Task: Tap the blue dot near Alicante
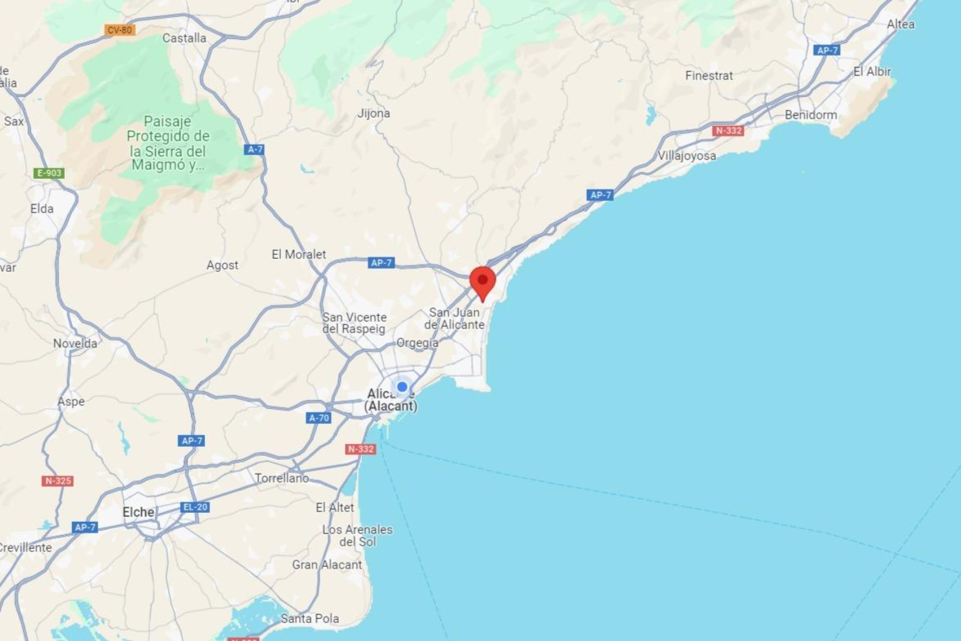[x=402, y=387]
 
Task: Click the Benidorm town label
[x=810, y=115]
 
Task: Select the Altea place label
[x=900, y=24]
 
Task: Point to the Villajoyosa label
[x=686, y=156]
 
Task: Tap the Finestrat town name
[x=709, y=76]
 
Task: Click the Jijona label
[x=373, y=113]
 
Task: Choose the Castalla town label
[x=184, y=38]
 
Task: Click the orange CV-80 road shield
[x=120, y=30]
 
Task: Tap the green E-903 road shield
[x=49, y=173]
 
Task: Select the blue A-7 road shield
[x=255, y=149]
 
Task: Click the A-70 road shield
[x=319, y=418]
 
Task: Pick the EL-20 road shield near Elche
[x=195, y=507]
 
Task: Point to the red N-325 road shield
[x=58, y=481]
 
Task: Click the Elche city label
[x=138, y=512]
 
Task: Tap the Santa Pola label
[x=310, y=619]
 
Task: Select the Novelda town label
[x=75, y=344]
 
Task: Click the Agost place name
[x=222, y=265]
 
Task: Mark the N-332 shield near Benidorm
[x=728, y=131]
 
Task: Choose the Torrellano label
[x=282, y=478]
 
